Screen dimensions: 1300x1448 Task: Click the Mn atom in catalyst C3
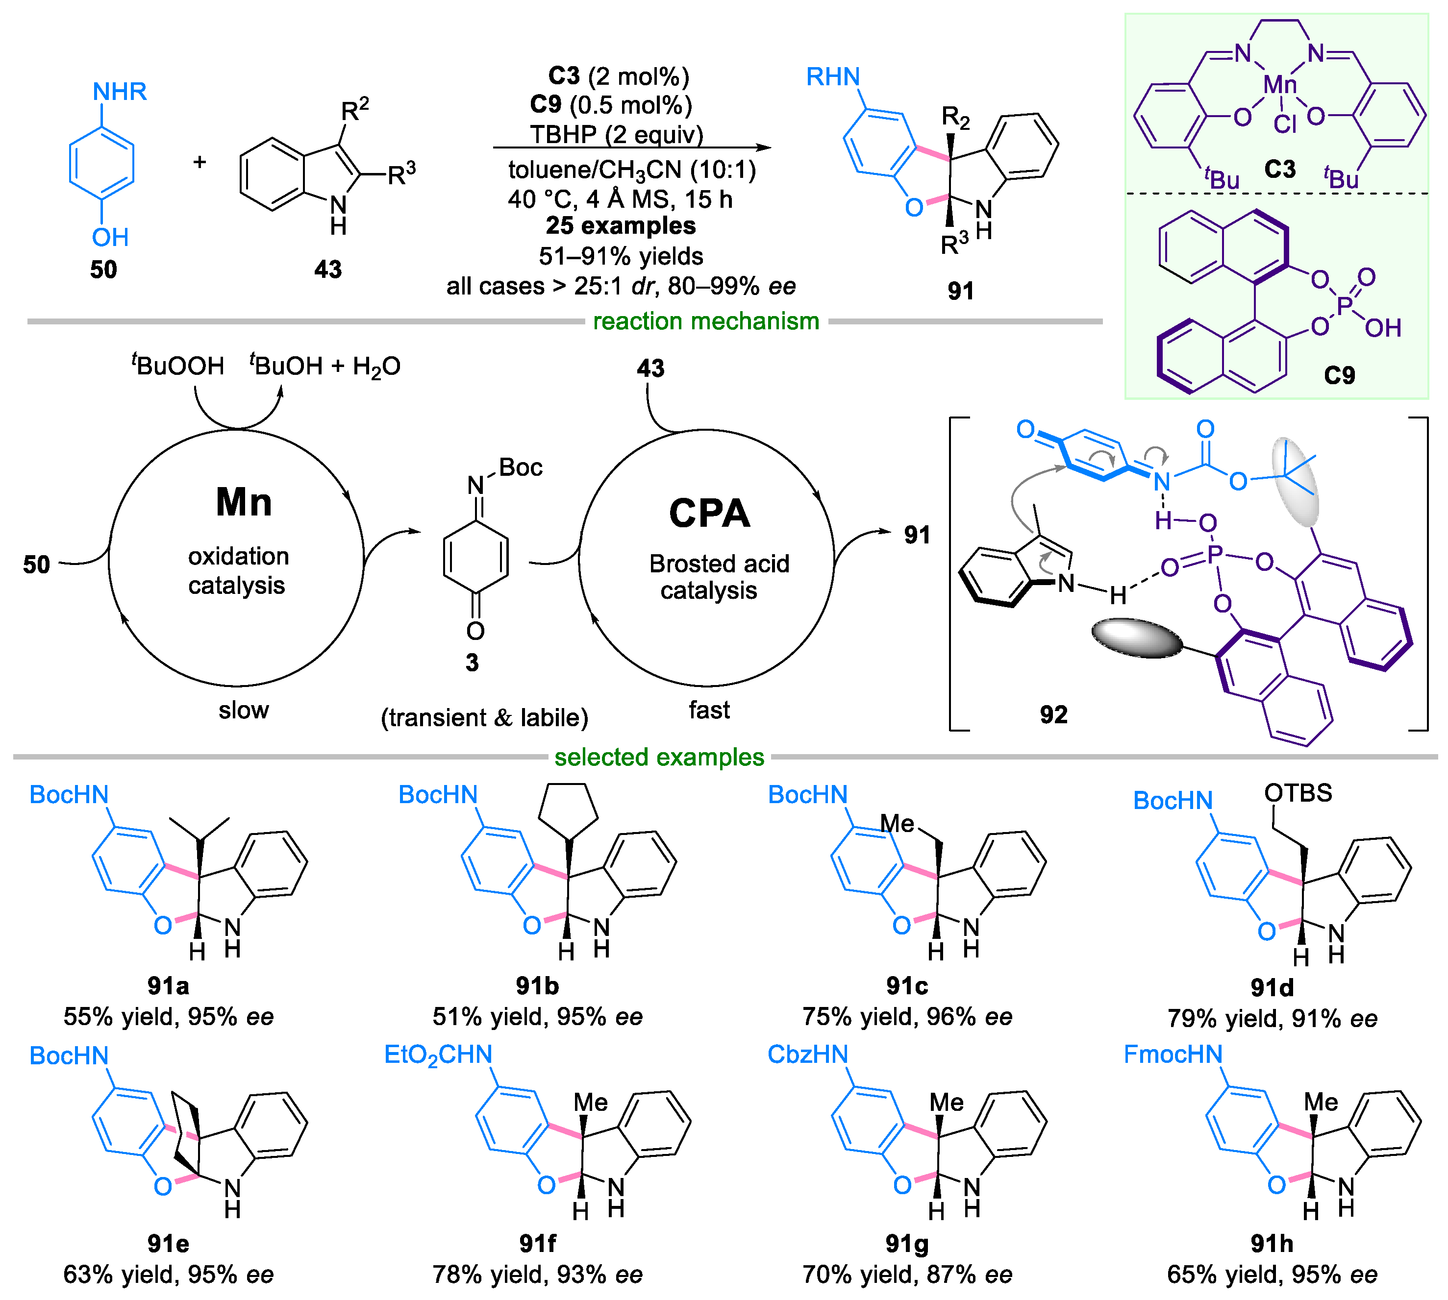[1279, 85]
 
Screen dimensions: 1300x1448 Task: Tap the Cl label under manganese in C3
[1284, 124]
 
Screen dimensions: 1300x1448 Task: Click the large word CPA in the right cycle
[709, 513]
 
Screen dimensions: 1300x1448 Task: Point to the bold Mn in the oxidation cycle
[244, 502]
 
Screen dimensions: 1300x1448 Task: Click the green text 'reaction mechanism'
[706, 321]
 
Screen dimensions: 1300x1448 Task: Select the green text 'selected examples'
[659, 757]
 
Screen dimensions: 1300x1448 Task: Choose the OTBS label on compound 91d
[1298, 793]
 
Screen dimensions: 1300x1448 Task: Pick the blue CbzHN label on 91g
[807, 1055]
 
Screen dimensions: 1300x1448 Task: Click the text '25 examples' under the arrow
[620, 226]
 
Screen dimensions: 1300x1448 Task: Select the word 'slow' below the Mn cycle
[244, 710]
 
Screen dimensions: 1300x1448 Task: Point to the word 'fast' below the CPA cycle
[709, 710]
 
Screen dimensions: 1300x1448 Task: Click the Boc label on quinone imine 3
[520, 468]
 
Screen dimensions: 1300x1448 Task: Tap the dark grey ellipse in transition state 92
[1137, 638]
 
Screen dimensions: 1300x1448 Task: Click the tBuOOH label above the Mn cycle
[178, 366]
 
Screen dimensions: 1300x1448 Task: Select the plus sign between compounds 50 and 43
[200, 162]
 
